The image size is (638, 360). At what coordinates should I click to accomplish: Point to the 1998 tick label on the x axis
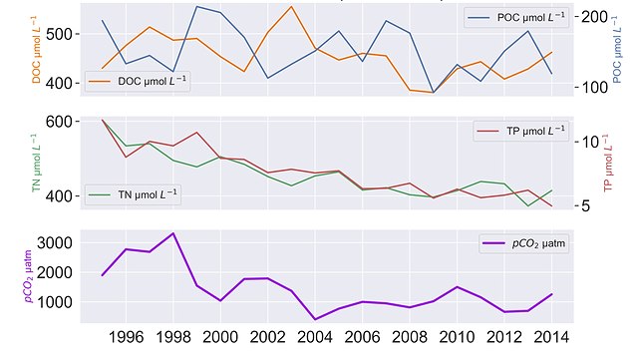172,337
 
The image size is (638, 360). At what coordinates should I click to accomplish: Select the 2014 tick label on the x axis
550,337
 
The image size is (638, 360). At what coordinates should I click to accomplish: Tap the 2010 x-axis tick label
456,337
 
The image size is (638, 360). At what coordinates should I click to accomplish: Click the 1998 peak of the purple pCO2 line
172,233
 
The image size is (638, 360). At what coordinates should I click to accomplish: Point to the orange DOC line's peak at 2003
291,7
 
